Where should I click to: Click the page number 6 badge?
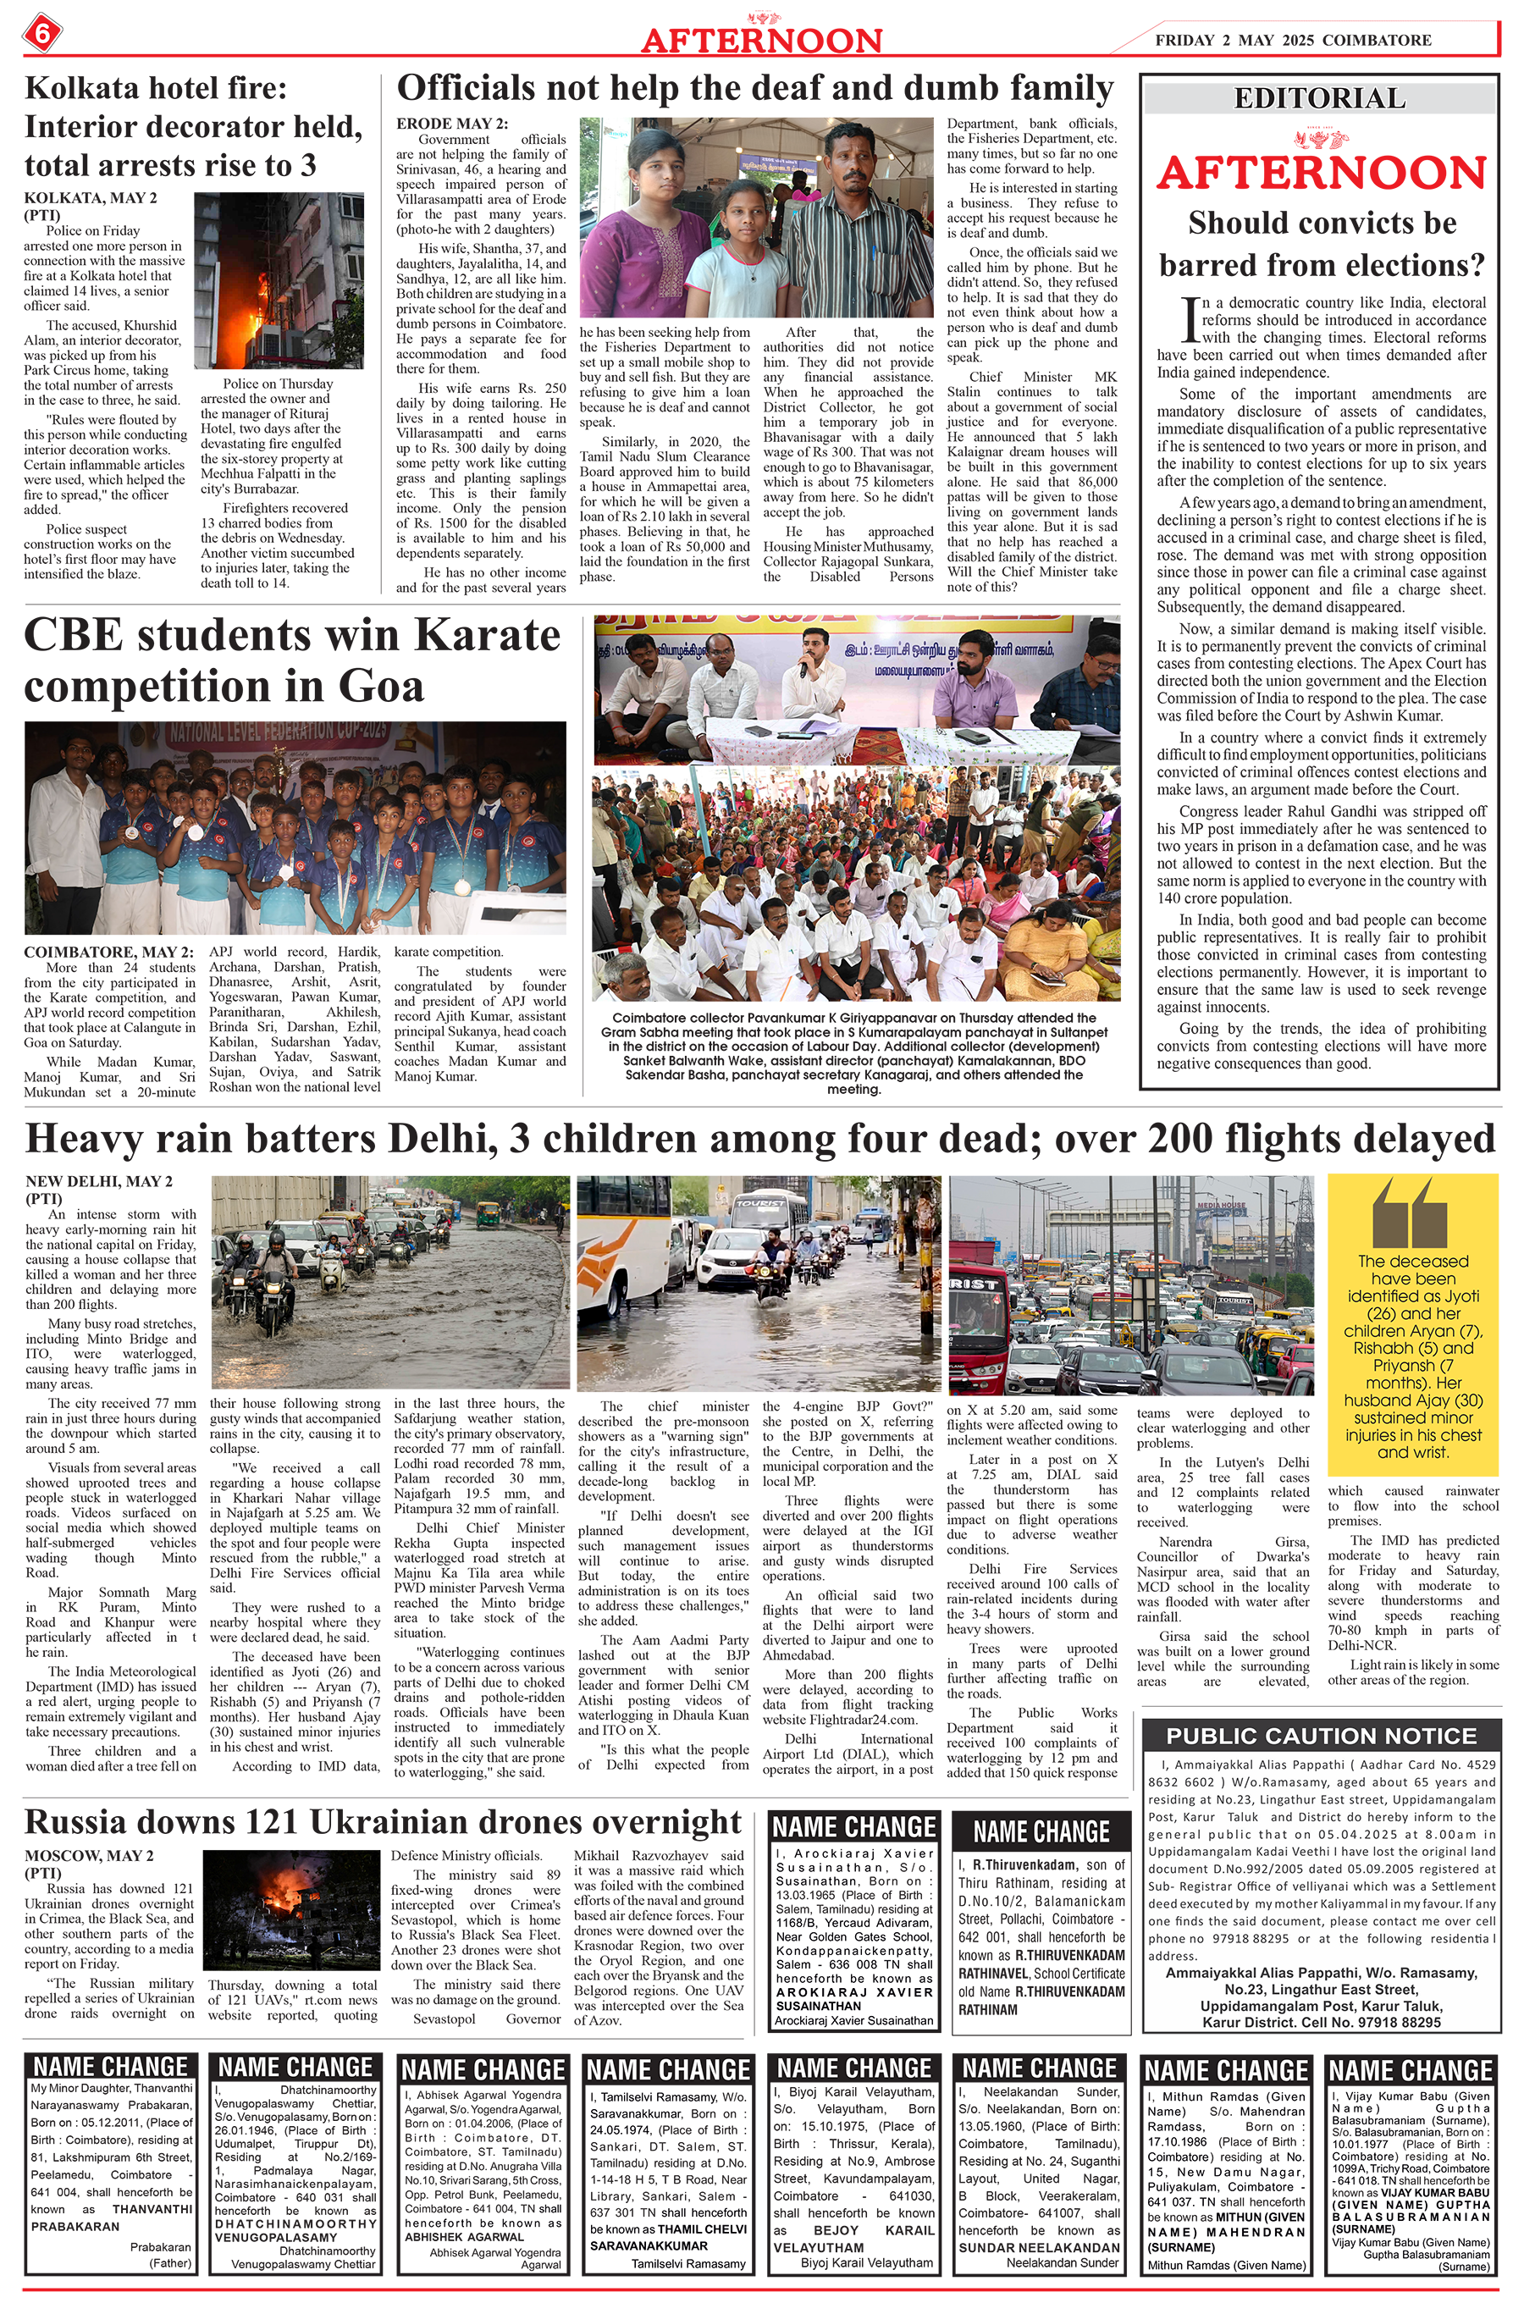click(x=41, y=35)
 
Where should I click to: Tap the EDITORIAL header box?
click(x=1319, y=98)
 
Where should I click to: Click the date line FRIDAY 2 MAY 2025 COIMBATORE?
click(x=1293, y=40)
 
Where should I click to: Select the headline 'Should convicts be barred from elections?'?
click(x=1322, y=244)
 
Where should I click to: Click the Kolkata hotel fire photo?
click(x=257, y=280)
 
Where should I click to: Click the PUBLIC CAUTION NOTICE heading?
click(x=1321, y=1737)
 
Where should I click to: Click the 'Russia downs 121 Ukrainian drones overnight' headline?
click(x=383, y=1821)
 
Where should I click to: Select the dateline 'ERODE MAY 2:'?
click(x=452, y=124)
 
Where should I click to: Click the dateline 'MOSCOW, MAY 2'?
click(x=90, y=1855)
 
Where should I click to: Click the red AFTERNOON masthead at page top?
click(x=761, y=40)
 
